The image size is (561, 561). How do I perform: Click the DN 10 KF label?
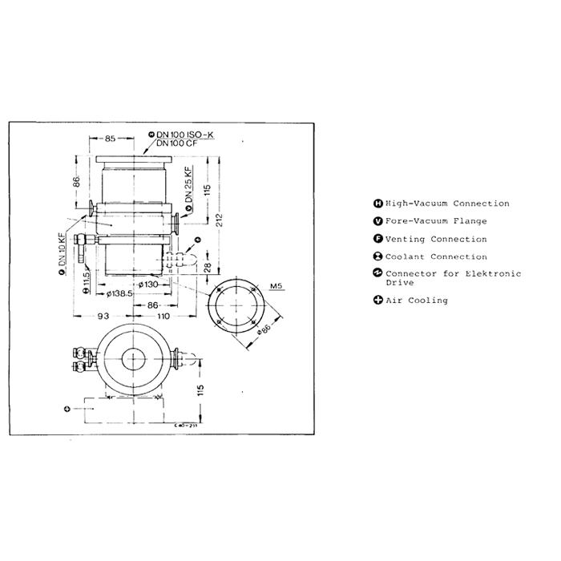click(x=61, y=252)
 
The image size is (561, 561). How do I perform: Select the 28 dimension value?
click(x=208, y=266)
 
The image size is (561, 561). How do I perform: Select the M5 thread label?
click(x=276, y=285)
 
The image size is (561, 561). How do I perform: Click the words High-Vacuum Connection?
click(x=446, y=204)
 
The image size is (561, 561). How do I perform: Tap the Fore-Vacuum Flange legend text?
click(x=435, y=222)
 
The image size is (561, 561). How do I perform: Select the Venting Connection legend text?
click(x=435, y=240)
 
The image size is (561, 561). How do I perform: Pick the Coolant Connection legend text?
click(x=435, y=257)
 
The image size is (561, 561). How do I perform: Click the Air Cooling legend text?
click(x=416, y=301)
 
